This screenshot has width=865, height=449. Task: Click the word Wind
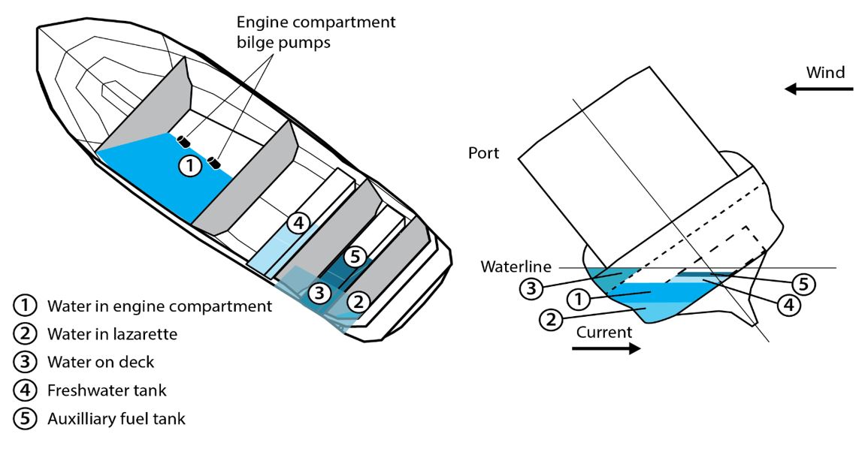[x=825, y=73]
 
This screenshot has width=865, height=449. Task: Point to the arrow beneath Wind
[x=819, y=89]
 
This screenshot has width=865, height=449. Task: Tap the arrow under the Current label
[x=606, y=348]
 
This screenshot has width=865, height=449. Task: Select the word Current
[x=606, y=331]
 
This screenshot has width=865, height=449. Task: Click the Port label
[x=484, y=153]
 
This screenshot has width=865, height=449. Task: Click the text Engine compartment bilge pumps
[x=316, y=32]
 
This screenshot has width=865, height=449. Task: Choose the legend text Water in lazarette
[x=112, y=333]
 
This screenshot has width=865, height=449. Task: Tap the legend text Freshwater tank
[x=107, y=390]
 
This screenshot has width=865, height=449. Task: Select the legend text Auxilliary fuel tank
[x=116, y=418]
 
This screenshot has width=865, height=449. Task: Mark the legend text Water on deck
[x=101, y=362]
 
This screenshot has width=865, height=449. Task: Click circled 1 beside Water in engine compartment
[x=25, y=306]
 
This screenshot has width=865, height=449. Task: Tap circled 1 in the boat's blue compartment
[x=191, y=165]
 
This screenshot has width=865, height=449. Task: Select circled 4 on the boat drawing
[x=298, y=223]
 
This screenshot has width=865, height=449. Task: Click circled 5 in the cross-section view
[x=803, y=285]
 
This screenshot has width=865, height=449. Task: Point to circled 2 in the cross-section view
[x=551, y=319]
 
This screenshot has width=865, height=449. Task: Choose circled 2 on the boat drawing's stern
[x=359, y=303]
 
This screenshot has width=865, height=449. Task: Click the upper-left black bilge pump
[x=182, y=140]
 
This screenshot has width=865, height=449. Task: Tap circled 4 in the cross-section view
[x=789, y=306]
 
